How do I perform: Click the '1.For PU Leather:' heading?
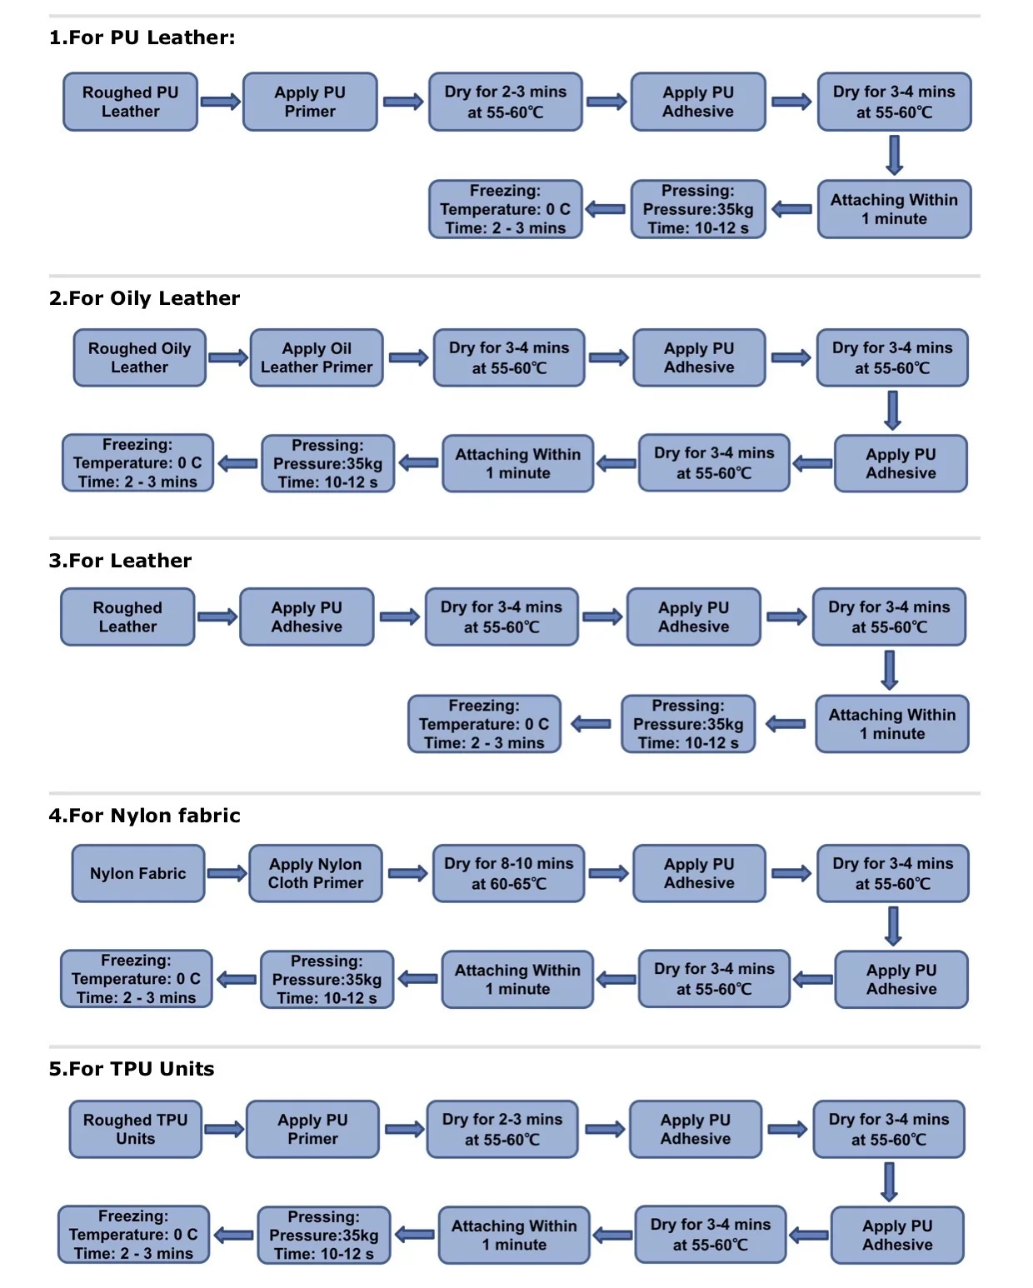[142, 37]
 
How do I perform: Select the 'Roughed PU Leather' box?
[131, 102]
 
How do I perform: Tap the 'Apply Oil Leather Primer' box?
[317, 357]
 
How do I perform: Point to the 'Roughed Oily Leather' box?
[139, 357]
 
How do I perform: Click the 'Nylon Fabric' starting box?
[138, 873]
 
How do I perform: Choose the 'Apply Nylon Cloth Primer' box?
[316, 873]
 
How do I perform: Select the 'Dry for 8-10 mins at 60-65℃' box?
[509, 873]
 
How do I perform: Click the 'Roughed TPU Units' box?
[135, 1129]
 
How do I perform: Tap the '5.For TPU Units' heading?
[132, 1068]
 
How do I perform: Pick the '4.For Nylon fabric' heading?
[144, 815]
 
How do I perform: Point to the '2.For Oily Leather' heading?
[144, 298]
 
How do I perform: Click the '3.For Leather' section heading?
[120, 560]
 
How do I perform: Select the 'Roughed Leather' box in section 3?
[127, 617]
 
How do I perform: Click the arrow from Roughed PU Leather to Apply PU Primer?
[220, 101]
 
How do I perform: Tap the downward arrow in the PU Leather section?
[894, 155]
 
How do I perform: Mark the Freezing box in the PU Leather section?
[506, 209]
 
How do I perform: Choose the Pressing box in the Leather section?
[688, 724]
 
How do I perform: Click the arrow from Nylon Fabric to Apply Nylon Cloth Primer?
[227, 873]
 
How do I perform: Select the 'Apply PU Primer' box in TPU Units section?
[312, 1129]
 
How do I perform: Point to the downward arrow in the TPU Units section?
[890, 1182]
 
